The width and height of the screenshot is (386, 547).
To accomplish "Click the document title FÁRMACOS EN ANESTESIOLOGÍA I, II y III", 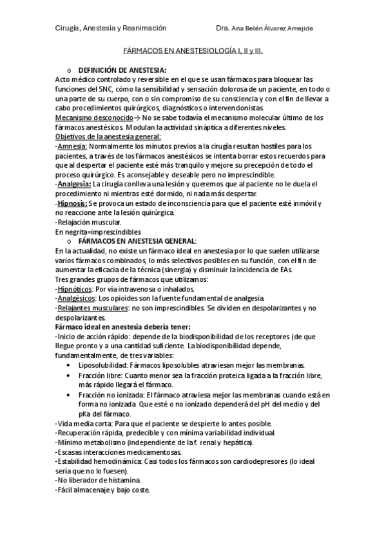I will [x=193, y=49].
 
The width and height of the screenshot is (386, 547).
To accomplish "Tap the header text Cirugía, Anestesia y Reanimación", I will [x=110, y=28].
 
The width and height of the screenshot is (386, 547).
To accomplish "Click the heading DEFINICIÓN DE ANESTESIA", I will [x=122, y=70].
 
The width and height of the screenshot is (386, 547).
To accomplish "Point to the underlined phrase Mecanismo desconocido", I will [x=88, y=117].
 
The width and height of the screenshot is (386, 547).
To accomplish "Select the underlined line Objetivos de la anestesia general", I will [x=108, y=137].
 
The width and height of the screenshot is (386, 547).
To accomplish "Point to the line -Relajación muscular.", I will [x=88, y=222].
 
